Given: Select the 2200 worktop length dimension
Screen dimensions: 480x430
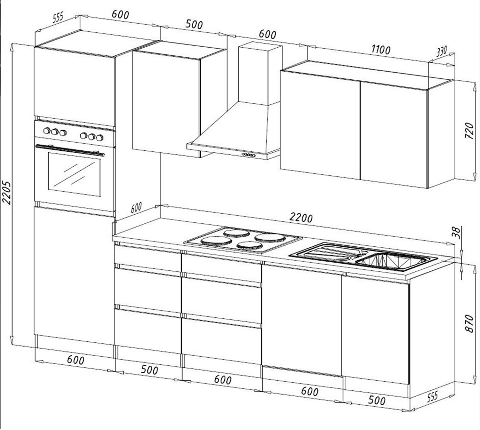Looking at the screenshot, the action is [x=300, y=218].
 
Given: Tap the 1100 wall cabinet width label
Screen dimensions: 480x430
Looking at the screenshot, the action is [x=381, y=50].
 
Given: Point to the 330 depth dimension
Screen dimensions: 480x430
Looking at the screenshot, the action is [x=441, y=51].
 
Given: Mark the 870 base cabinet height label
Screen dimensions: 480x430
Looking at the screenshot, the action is [x=469, y=323].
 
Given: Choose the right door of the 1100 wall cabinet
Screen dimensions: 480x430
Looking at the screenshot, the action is [x=394, y=134].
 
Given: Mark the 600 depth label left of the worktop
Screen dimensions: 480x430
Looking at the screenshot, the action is [x=136, y=208].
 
